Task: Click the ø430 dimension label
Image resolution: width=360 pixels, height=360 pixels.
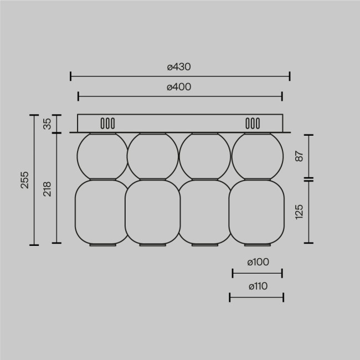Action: (x=180, y=66)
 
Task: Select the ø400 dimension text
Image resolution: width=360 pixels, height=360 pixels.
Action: (x=180, y=87)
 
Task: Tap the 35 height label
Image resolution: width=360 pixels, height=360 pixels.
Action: (x=47, y=124)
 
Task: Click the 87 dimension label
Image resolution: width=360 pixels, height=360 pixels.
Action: (x=299, y=157)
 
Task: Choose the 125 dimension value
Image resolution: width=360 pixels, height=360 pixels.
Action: (x=299, y=212)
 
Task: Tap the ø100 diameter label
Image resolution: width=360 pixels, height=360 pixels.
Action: (x=258, y=262)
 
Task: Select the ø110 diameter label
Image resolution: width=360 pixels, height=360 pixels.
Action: (x=258, y=286)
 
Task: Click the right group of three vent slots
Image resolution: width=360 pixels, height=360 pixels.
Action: (x=253, y=123)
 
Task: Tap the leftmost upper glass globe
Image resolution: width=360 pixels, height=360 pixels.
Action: (x=101, y=156)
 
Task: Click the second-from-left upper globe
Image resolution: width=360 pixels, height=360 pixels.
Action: (x=153, y=156)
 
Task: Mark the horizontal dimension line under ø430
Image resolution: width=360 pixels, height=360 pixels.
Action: (x=180, y=76)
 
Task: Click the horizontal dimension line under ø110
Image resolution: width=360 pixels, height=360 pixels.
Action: (x=256, y=297)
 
